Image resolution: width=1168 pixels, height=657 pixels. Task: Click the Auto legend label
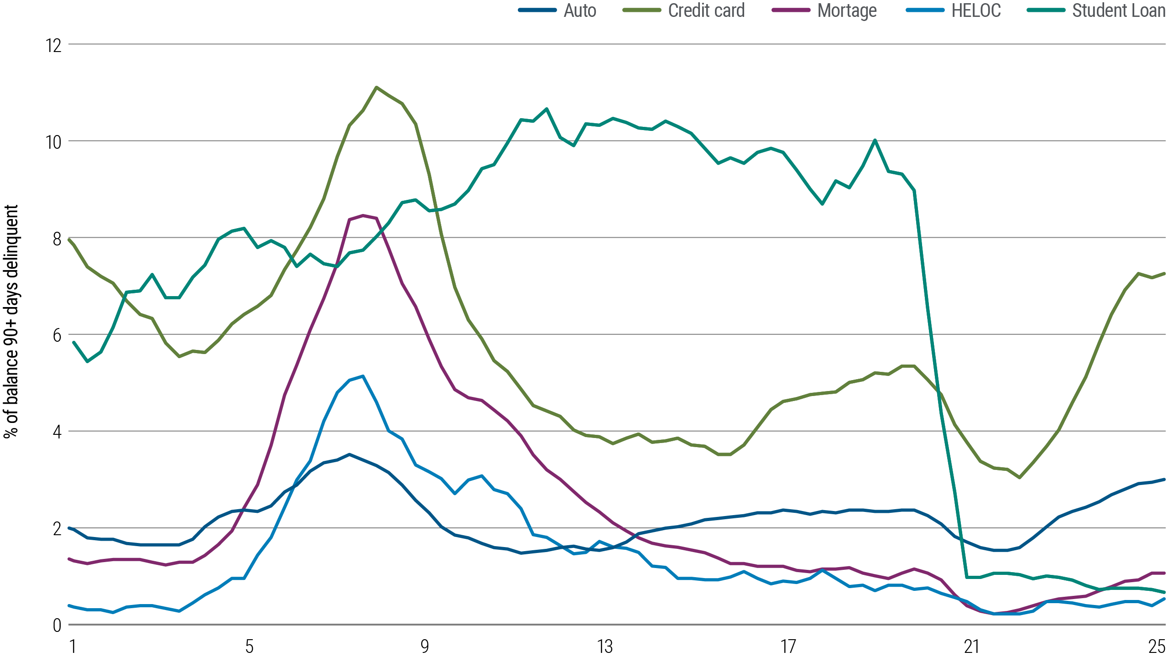580,10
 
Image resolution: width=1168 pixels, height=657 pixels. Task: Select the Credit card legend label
706,10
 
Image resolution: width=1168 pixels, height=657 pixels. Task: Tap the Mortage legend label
847,10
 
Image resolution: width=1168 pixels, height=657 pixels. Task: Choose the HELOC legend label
976,10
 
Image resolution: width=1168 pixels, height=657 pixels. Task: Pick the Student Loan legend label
1119,10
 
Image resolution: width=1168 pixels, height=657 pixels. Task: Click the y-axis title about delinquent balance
11,322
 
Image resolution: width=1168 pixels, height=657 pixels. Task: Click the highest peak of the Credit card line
375,87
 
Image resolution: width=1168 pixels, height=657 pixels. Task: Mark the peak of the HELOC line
363,376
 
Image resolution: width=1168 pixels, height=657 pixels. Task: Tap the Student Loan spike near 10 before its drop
875,140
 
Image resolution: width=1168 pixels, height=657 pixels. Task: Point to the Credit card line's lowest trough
1019,478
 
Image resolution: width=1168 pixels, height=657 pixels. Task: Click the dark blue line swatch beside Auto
537,10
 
